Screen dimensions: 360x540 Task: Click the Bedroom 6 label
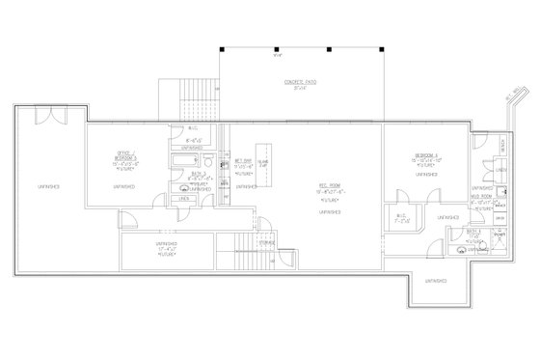[426, 155]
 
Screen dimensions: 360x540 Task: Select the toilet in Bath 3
[182, 183]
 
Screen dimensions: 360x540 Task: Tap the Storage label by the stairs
[267, 243]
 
